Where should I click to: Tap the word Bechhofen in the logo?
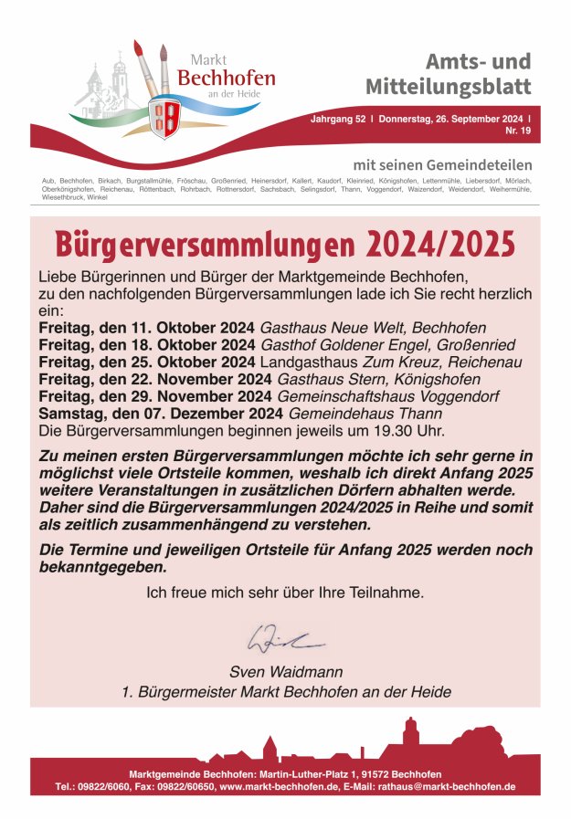pos(226,79)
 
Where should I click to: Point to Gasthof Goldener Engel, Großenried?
pos(387,345)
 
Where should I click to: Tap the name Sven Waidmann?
pos(286,672)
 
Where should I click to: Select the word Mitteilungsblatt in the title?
pos(448,88)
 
